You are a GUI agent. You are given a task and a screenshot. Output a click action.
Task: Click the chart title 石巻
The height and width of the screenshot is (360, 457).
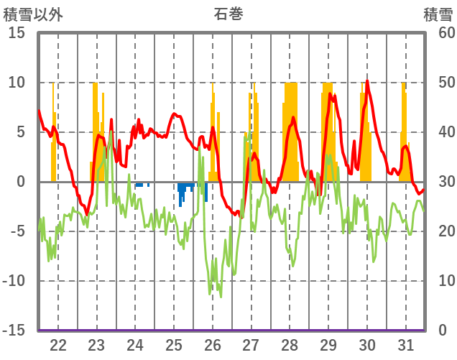pos(228,14)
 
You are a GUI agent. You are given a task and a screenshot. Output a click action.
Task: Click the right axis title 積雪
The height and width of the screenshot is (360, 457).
pos(437,14)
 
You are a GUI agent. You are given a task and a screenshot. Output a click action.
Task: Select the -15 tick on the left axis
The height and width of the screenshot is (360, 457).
pos(14,331)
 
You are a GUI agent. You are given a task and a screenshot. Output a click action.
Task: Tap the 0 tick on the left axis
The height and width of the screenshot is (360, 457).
pos(21,182)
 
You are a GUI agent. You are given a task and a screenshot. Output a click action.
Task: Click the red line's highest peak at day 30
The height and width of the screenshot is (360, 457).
pos(367,80)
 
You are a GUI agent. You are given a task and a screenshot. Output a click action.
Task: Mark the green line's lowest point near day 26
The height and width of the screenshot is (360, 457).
pos(210,293)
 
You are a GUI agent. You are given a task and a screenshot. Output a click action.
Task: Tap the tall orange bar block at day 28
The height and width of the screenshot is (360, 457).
pos(290,129)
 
